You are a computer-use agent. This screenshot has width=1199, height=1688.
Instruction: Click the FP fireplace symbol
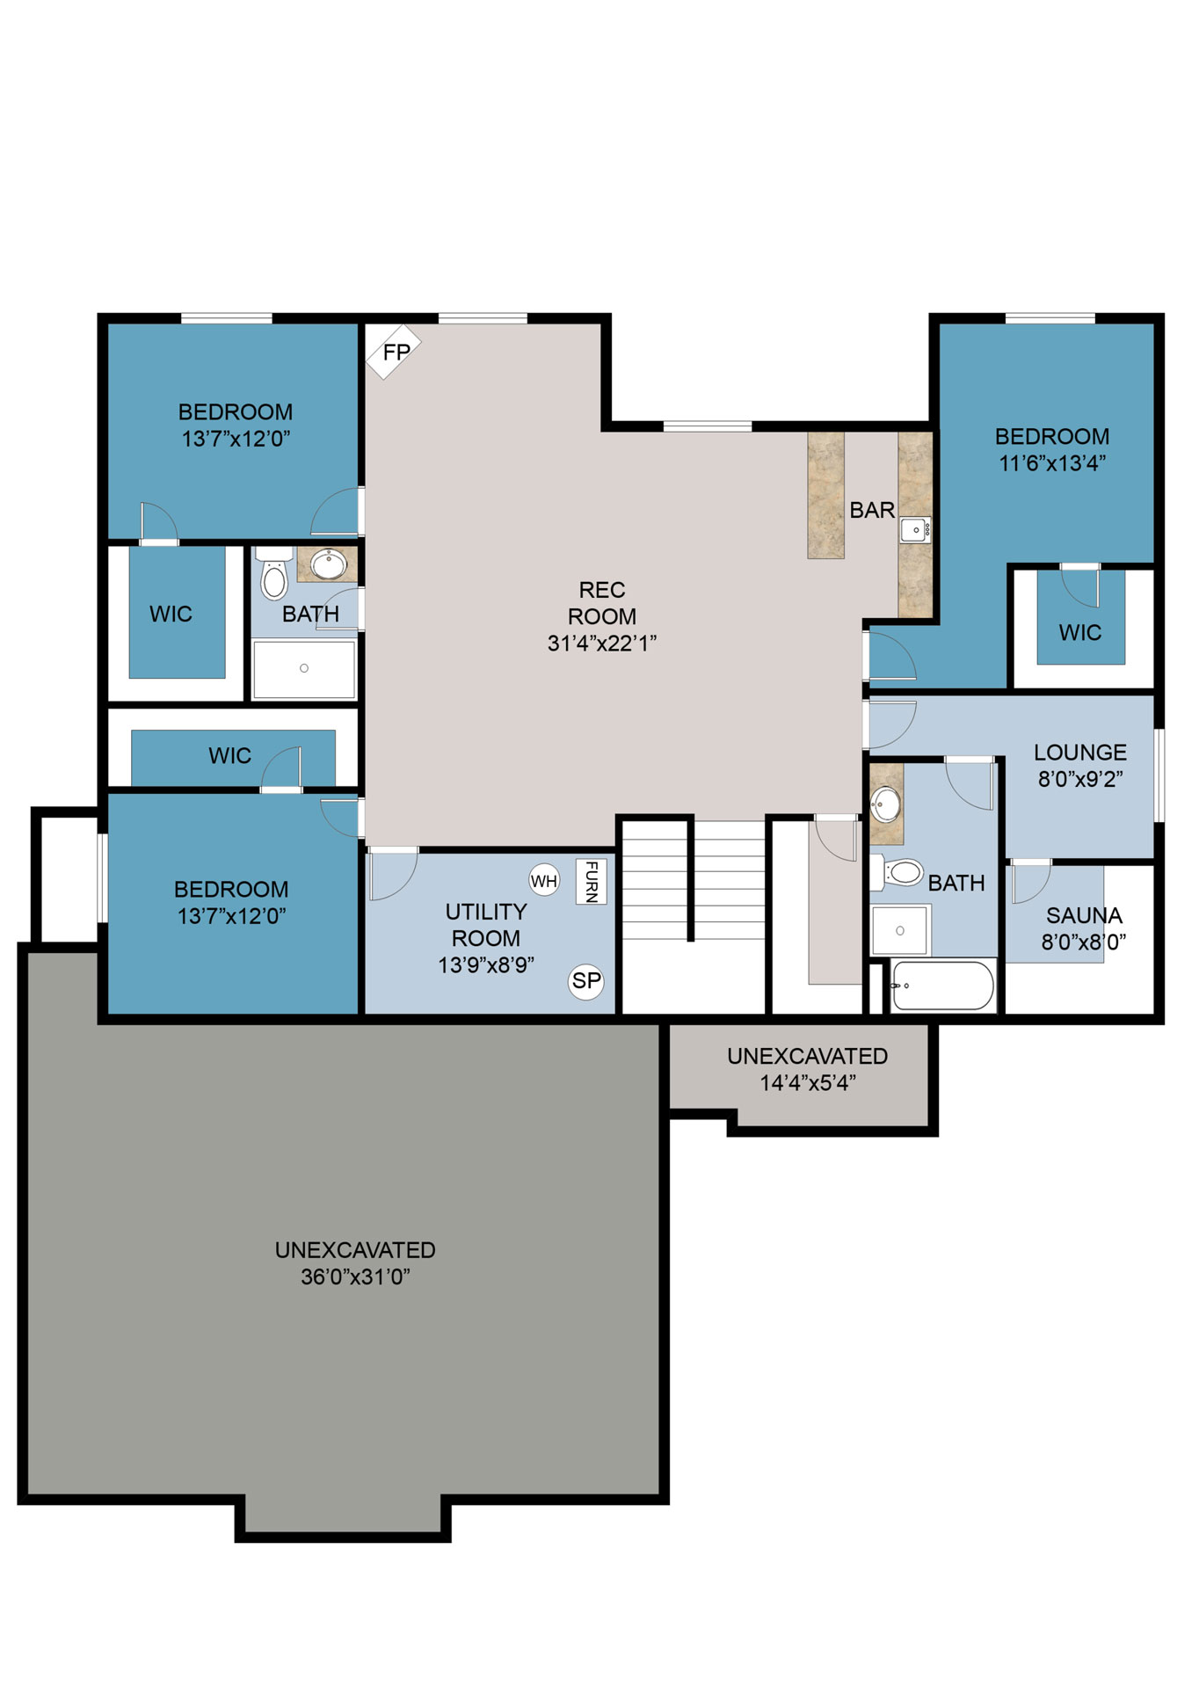(393, 351)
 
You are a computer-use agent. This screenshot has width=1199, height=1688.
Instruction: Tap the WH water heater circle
(544, 880)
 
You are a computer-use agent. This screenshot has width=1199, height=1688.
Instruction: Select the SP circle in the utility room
(586, 980)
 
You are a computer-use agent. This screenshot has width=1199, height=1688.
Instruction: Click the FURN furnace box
(591, 881)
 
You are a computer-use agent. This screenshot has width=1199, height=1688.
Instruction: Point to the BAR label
(872, 510)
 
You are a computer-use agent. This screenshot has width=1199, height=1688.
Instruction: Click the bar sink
(915, 530)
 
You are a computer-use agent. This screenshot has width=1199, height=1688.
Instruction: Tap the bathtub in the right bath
(942, 986)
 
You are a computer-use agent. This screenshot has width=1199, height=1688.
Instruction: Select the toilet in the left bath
(274, 573)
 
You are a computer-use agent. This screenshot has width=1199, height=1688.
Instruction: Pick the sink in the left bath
(329, 564)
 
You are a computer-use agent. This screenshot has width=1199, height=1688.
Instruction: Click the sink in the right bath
(884, 803)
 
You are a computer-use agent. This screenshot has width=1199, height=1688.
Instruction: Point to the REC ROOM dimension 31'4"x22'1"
(602, 644)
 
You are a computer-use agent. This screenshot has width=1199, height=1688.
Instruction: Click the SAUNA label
(1084, 915)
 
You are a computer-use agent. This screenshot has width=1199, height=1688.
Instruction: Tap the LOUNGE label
(1080, 753)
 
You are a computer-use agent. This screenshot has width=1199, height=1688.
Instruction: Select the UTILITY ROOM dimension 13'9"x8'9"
(486, 964)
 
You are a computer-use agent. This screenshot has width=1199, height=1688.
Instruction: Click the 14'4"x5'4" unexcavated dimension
(808, 1082)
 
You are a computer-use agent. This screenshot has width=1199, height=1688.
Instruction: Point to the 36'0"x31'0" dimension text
(355, 1277)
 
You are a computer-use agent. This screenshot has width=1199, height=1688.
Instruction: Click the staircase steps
(694, 879)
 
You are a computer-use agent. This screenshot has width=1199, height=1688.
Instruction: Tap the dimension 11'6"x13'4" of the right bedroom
(1052, 462)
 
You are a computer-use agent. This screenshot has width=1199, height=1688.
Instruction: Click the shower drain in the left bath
(304, 668)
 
